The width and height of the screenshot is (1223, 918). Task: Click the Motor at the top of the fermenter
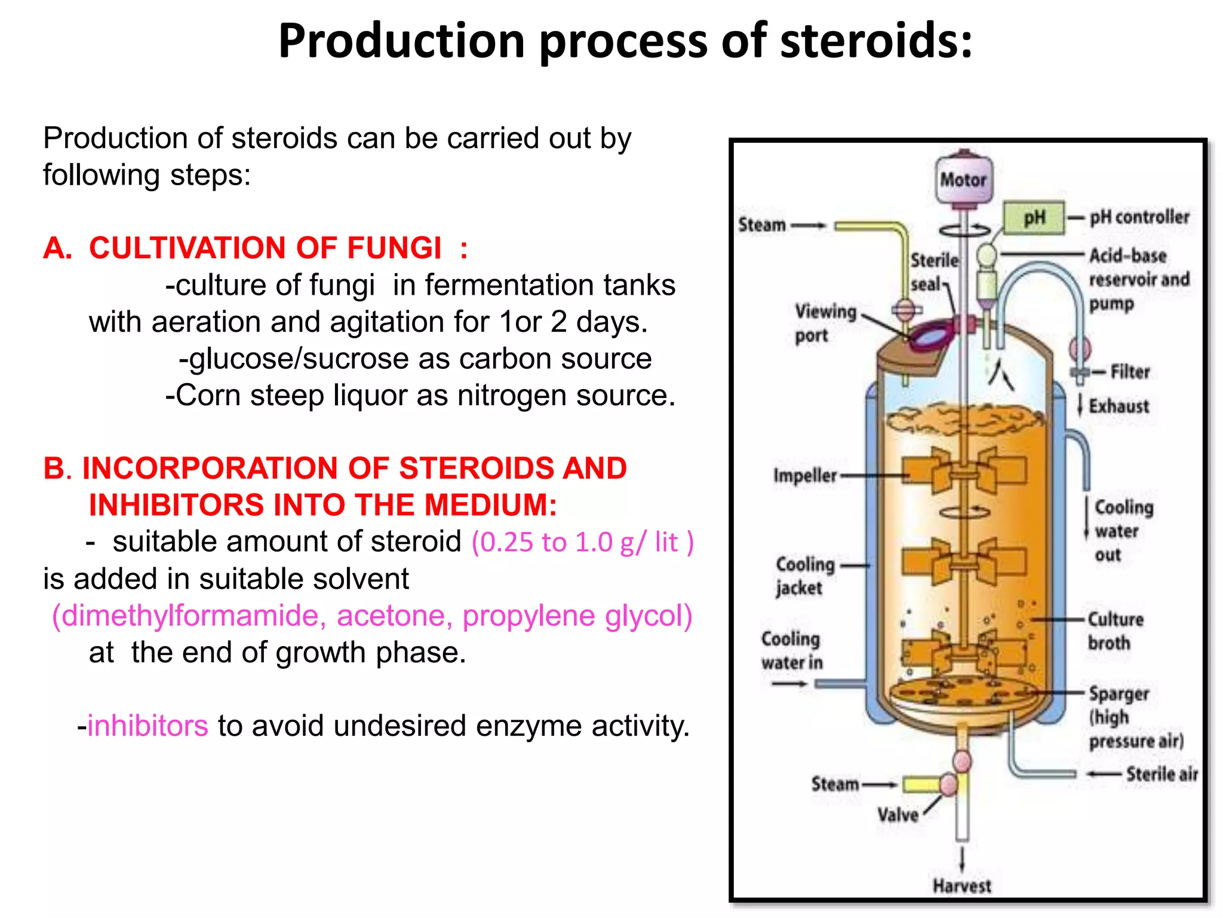(963, 179)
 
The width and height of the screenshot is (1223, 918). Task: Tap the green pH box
(1034, 218)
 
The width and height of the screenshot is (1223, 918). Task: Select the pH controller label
(1139, 217)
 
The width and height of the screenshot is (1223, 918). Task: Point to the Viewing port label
(824, 323)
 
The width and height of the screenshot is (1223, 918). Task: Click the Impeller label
(804, 476)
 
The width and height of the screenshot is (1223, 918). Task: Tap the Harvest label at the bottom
(961, 886)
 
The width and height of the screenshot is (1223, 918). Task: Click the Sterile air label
(1161, 774)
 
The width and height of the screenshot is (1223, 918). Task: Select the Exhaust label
(1118, 406)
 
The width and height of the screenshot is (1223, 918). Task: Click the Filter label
(1129, 372)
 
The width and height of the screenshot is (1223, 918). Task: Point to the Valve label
(898, 815)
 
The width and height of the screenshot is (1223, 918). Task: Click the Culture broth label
(1114, 631)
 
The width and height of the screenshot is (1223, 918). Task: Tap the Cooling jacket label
(804, 576)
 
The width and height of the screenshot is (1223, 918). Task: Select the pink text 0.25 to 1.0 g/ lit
(582, 543)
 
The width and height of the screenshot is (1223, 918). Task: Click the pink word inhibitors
(148, 726)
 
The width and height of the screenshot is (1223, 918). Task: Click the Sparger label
(1118, 694)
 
